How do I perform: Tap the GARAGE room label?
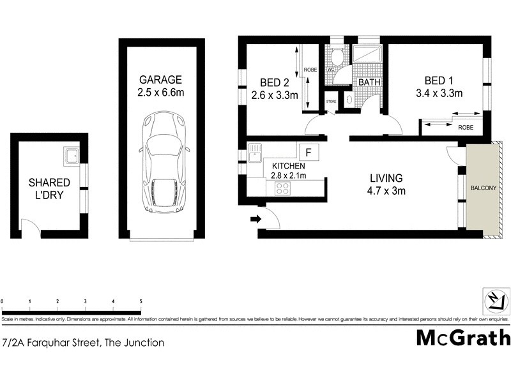point(161,80)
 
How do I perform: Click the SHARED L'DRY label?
point(49,189)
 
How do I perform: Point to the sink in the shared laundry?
point(71,155)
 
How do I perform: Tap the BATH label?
point(369,82)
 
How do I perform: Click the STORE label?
point(331,101)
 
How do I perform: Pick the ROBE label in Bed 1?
point(466,128)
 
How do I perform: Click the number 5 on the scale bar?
point(141,301)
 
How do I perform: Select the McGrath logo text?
point(463,337)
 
